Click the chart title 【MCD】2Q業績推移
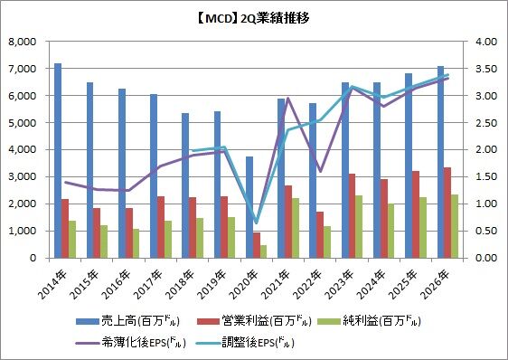[x=252, y=18]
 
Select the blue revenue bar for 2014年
[x=58, y=160]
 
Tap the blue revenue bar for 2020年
[x=249, y=207]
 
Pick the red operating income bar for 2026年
[x=447, y=213]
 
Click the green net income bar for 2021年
[x=295, y=228]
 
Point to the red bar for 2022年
[x=320, y=235]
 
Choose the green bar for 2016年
[x=136, y=243]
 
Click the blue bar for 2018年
[x=185, y=185]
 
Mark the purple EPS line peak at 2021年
[x=288, y=98]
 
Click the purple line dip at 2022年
[x=320, y=171]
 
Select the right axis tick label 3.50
[x=486, y=69]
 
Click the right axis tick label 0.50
[x=486, y=231]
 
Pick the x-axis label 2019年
[x=212, y=284]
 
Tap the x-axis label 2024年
[x=372, y=284]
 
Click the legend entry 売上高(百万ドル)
[x=127, y=321]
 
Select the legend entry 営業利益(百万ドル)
[x=254, y=321]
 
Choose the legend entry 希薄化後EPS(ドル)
[x=130, y=343]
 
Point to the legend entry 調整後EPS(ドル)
[x=245, y=343]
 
